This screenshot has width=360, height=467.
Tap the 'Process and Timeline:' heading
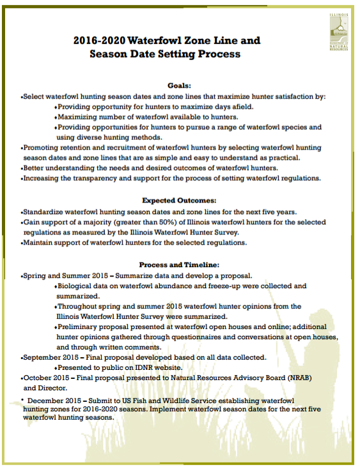180,264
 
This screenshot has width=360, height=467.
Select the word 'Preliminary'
81,327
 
